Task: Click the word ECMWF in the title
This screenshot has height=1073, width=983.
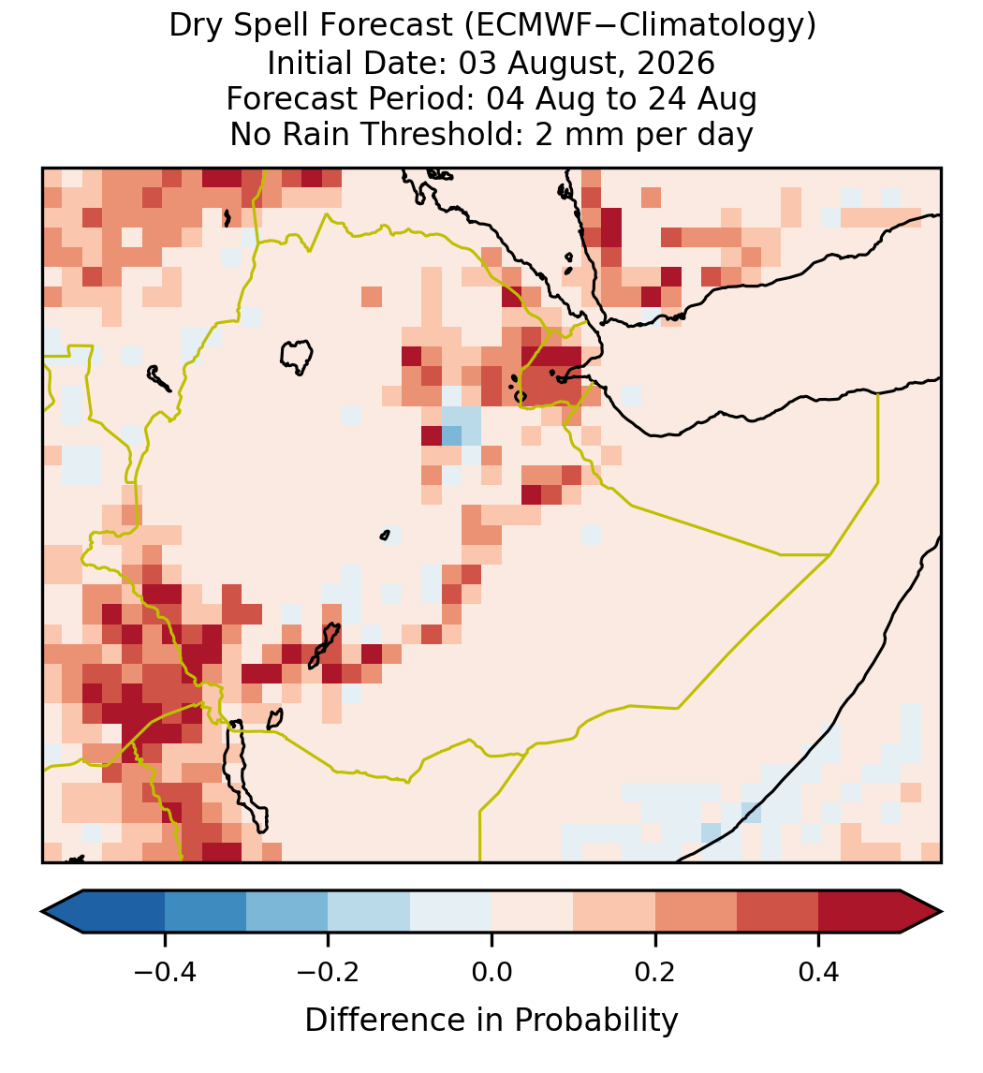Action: coord(522,25)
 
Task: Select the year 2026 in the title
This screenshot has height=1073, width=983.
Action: coord(676,63)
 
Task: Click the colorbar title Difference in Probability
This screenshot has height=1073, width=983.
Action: coord(491,1021)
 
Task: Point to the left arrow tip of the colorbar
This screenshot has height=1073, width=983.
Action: coord(42,912)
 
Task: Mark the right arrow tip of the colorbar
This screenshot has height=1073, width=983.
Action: coord(942,912)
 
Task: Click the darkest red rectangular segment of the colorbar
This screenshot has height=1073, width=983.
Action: coord(859,912)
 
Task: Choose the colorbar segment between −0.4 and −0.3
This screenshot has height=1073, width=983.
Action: coord(205,912)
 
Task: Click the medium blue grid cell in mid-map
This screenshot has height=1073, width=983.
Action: coord(451,435)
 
